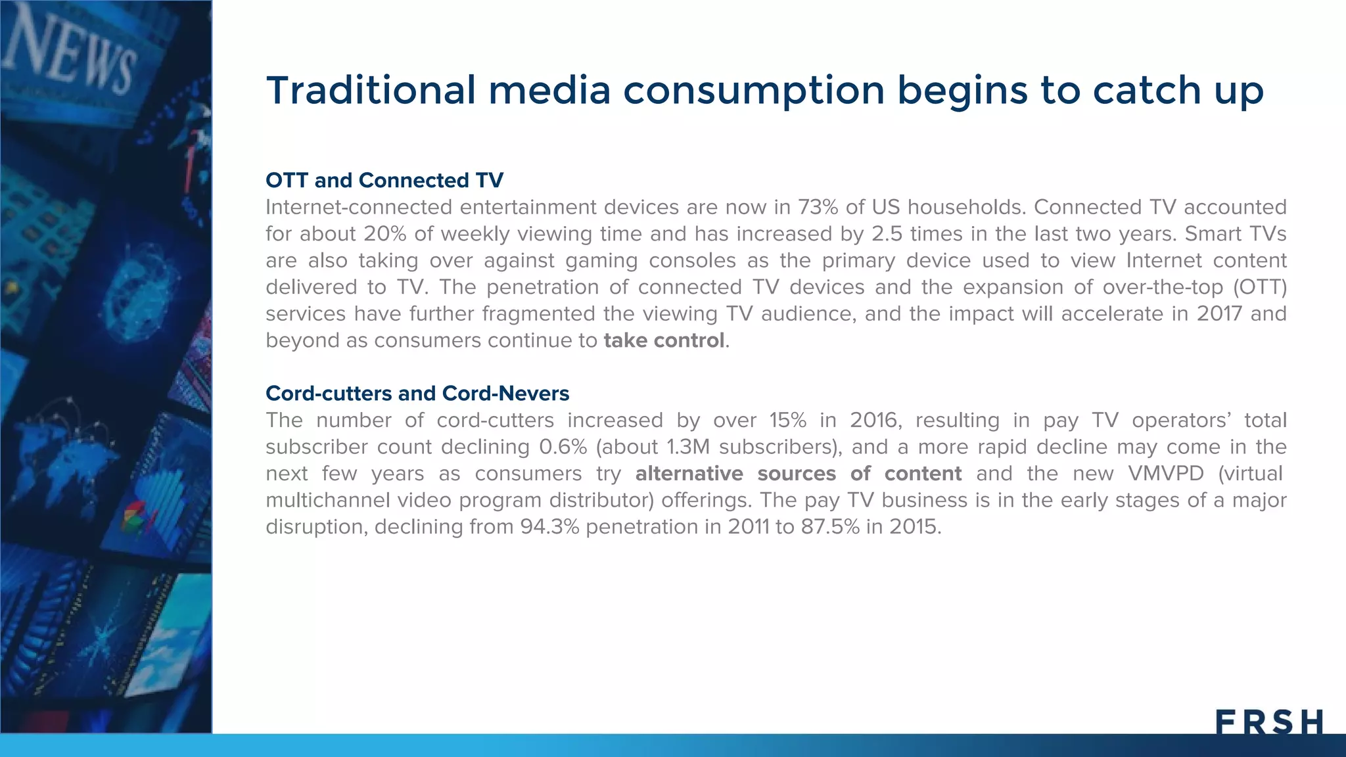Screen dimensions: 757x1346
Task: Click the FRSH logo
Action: pyautogui.click(x=1269, y=722)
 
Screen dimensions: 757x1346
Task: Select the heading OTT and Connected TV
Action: pyautogui.click(x=384, y=180)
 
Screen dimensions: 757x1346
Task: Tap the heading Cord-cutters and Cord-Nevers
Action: pyautogui.click(x=417, y=393)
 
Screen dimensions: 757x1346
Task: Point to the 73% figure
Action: pyautogui.click(x=818, y=207)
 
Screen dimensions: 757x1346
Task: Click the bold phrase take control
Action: pyautogui.click(x=664, y=340)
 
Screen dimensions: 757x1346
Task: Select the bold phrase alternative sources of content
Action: pyautogui.click(x=798, y=473)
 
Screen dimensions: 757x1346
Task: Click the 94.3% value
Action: pyautogui.click(x=549, y=526)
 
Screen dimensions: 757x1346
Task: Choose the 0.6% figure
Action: pyautogui.click(x=563, y=447)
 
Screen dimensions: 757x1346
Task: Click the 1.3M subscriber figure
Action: pyautogui.click(x=688, y=447)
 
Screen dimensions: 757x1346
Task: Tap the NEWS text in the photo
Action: pyautogui.click(x=69, y=53)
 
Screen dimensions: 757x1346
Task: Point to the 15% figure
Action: pyautogui.click(x=787, y=420)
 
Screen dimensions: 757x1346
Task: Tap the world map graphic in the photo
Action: pyautogui.click(x=62, y=447)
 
